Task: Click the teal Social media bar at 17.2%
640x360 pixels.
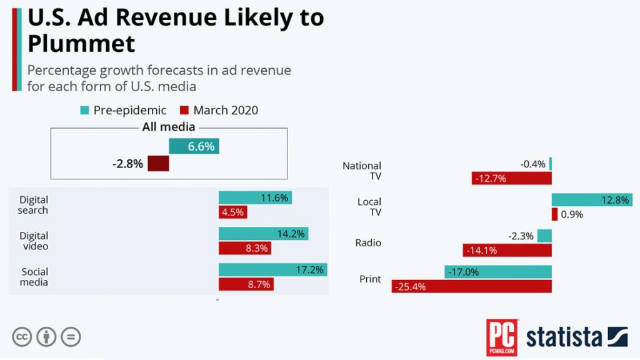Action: tap(272, 270)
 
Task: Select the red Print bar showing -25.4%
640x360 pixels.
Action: tap(471, 286)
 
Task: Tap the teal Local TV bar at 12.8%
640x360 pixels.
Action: tap(591, 200)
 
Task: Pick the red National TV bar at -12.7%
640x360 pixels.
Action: tap(511, 178)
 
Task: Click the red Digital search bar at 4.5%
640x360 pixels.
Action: tap(232, 212)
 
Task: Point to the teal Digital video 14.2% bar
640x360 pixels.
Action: tap(263, 234)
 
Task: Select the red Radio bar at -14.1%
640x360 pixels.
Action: tap(507, 250)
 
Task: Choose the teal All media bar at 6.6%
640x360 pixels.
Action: tap(194, 146)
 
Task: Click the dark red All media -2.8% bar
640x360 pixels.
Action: tap(158, 164)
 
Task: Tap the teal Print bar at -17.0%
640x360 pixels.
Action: tap(498, 272)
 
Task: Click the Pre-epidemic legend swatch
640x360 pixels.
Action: tap(84, 111)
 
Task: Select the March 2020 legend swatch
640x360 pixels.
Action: tap(184, 111)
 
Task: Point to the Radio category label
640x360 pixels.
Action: tap(368, 242)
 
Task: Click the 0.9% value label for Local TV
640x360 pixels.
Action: tap(571, 214)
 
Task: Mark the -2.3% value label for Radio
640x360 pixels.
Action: tap(522, 236)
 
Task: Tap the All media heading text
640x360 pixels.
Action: tap(169, 127)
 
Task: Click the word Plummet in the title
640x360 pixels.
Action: tap(81, 44)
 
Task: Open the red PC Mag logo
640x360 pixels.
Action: tap(501, 337)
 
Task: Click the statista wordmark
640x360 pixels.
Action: tap(564, 337)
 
